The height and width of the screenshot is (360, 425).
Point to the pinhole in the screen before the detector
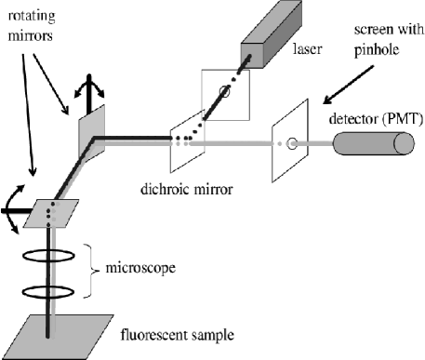[292, 145]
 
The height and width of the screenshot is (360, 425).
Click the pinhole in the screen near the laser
[223, 91]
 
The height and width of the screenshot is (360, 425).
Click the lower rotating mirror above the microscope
[55, 213]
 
